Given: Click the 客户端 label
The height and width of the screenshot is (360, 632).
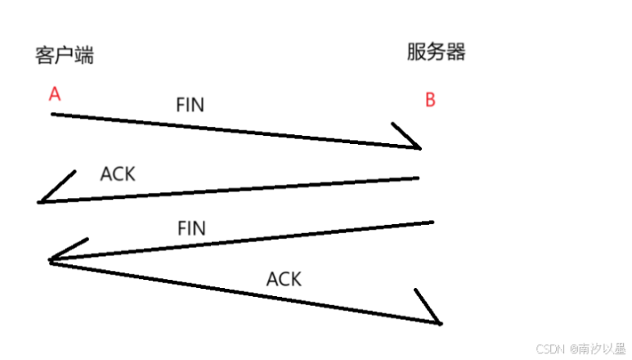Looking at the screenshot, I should pos(64,56).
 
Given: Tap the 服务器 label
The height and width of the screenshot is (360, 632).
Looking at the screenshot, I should pos(436,52).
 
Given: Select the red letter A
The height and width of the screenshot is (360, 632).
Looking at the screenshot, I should pos(55,95).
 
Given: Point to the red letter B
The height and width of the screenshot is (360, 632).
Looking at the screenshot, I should pos(430,101).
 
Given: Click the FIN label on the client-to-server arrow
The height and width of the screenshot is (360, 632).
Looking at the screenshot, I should pos(190,105).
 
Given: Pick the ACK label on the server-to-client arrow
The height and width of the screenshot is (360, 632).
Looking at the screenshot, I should pos(118,174).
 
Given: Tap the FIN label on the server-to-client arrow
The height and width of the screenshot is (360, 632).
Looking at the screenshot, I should pos(191,228).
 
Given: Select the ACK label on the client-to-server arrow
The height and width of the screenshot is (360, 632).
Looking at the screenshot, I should pos(284,279).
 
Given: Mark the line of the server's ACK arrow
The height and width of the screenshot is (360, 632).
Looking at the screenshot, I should pos(229,190).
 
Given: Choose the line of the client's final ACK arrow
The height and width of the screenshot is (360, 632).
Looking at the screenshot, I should pos(245,292).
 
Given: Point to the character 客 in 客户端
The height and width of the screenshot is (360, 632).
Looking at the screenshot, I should pos(44,56).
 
